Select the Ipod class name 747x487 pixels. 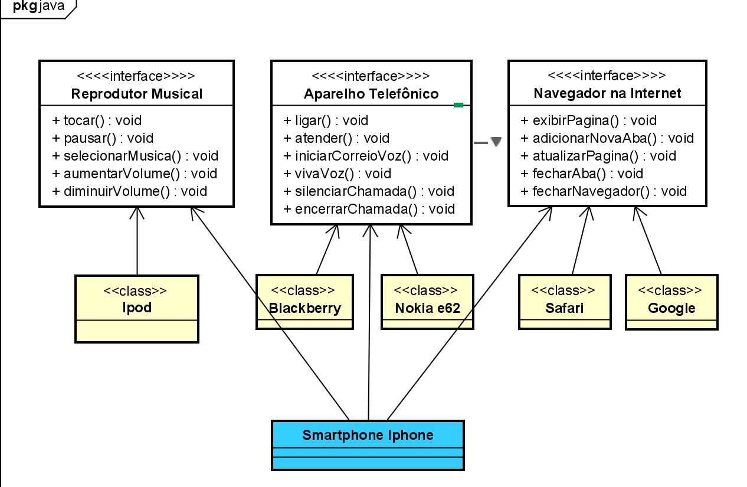point(136,308)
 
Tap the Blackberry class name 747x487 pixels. point(305,308)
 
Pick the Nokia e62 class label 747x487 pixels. point(427,308)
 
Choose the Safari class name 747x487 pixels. point(564,308)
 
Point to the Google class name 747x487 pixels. point(671,308)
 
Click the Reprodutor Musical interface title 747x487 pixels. point(136,94)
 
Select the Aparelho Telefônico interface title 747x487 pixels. point(371,94)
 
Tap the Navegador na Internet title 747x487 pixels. point(607,93)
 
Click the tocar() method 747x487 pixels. point(97,120)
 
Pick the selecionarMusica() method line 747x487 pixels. point(135,156)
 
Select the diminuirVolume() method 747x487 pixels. point(130,191)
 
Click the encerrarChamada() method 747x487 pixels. point(369,209)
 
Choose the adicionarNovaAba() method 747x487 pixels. point(607,138)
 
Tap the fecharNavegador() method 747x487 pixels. point(604,191)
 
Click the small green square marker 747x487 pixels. point(458,105)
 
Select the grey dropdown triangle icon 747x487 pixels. point(496,142)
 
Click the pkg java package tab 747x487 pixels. point(38,7)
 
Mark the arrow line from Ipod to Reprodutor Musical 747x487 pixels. point(137,242)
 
